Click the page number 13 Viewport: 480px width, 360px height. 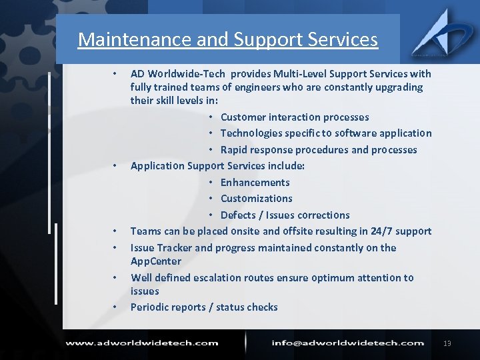pos(447,343)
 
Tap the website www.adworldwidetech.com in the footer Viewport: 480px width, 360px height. pos(141,343)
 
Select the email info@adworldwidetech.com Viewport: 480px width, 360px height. pos(347,343)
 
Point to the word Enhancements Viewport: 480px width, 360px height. pos(255,183)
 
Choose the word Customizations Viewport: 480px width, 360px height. pos(256,199)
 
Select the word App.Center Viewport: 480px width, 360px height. pos(156,261)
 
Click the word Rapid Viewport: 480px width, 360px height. pos(235,150)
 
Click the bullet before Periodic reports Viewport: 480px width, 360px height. pos(115,307)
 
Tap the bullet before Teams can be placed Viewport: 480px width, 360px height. pos(115,231)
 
